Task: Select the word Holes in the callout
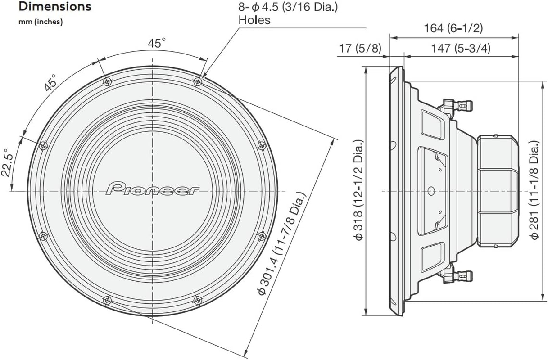254,20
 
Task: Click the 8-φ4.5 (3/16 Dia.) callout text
289,7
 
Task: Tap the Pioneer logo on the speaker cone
153,189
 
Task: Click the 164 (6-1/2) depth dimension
453,28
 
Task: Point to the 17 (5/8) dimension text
360,48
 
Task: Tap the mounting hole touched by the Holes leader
198,82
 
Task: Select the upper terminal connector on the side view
457,106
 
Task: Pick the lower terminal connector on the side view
457,275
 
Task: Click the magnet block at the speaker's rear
497,191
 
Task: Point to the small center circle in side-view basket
431,191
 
